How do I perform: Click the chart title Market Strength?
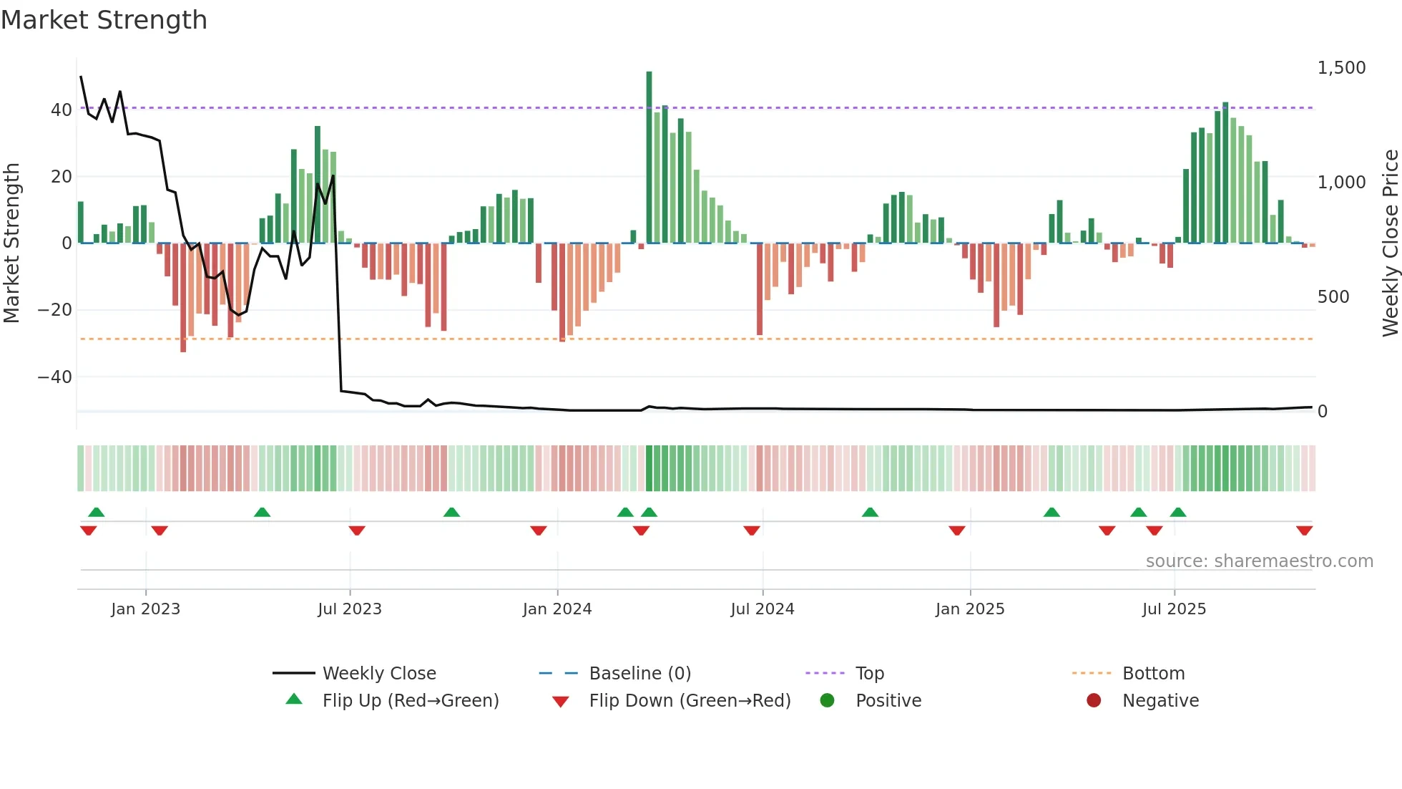click(x=104, y=20)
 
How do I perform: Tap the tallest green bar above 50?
click(x=649, y=158)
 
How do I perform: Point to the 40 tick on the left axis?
click(x=62, y=110)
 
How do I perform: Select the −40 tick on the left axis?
click(x=55, y=377)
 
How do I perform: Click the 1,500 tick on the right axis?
click(x=1341, y=68)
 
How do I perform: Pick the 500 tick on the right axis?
click(x=1333, y=297)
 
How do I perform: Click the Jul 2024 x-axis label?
click(x=762, y=609)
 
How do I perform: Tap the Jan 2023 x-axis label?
click(x=145, y=609)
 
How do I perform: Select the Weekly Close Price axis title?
click(x=1390, y=243)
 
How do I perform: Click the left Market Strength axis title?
click(x=11, y=243)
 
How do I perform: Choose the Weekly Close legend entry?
click(x=378, y=674)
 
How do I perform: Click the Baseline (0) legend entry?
click(x=639, y=674)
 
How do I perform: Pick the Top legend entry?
click(x=869, y=674)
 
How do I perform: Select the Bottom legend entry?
click(x=1153, y=674)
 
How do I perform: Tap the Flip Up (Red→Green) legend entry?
click(x=410, y=701)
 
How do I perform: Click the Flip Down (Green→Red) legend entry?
click(x=690, y=701)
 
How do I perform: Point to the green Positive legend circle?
click(x=827, y=701)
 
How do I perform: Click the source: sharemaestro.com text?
click(x=1259, y=561)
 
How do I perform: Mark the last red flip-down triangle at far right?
click(x=1304, y=531)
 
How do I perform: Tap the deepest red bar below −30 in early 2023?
click(x=183, y=297)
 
